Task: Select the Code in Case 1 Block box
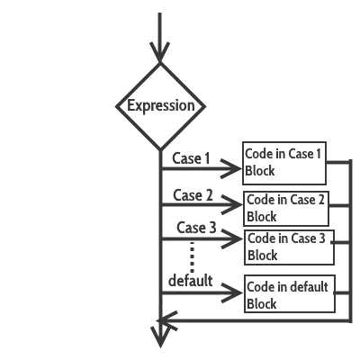tap(285, 162)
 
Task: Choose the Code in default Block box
tap(286, 295)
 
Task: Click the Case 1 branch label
tap(191, 158)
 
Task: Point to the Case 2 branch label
tap(193, 195)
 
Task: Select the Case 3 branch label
tap(196, 227)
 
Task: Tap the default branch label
tap(190, 281)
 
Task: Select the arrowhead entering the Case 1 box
tap(237, 167)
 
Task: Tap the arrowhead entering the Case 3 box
tap(238, 238)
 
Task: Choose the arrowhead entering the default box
tap(238, 291)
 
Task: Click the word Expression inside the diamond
tap(160, 106)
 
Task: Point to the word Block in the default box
tap(262, 304)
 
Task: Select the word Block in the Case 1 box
tap(260, 171)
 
